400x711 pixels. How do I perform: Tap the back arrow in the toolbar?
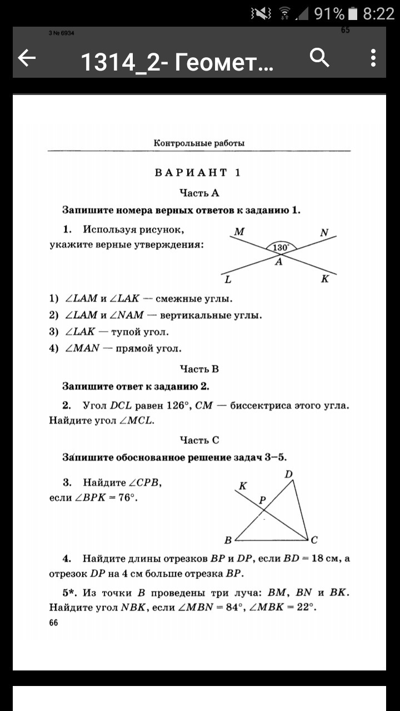tap(27, 58)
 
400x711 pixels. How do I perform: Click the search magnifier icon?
tap(319, 57)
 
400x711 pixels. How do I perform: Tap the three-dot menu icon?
tap(373, 57)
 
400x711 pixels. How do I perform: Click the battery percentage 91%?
tap(329, 13)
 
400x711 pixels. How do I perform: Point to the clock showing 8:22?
tap(378, 13)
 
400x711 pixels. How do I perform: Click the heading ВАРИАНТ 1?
tap(198, 172)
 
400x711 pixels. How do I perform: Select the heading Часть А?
tap(199, 193)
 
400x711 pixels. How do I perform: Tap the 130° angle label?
tap(281, 248)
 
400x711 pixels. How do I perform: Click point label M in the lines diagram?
tap(239, 232)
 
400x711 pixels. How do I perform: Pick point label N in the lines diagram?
tap(324, 233)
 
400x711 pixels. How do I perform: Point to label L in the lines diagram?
tap(228, 279)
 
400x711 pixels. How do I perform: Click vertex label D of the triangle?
tap(288, 474)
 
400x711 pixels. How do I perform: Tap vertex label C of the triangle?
tap(314, 539)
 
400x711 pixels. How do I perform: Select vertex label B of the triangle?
tap(228, 539)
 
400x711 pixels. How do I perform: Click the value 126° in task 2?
tap(177, 405)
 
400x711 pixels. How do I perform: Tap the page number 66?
tap(53, 623)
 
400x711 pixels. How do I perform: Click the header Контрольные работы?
tap(199, 143)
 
